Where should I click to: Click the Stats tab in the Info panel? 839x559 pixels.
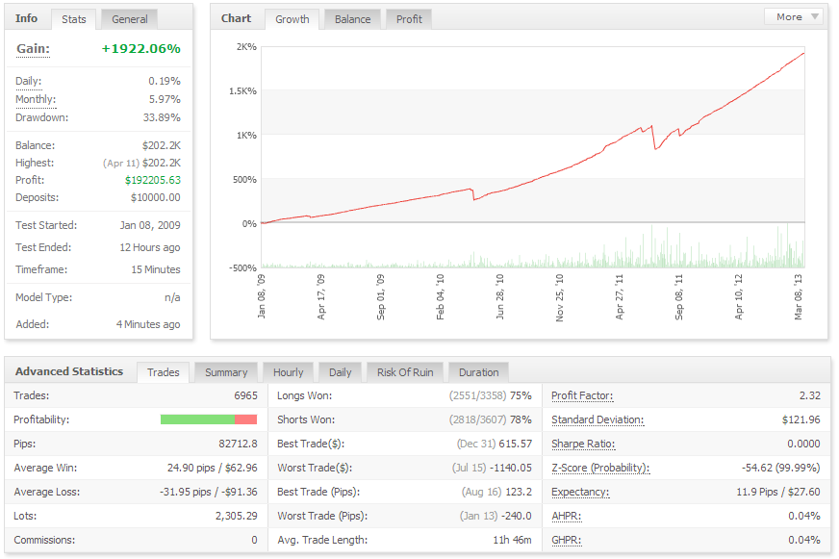coord(73,19)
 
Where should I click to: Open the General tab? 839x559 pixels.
coord(130,19)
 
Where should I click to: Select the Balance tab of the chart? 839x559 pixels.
coord(352,19)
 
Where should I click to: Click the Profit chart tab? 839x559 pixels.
coord(409,19)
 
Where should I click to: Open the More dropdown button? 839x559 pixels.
coord(795,16)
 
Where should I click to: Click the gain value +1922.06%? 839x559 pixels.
coord(140,49)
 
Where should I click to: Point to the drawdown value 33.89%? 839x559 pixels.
coord(162,117)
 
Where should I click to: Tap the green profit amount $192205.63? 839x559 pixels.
coord(153,180)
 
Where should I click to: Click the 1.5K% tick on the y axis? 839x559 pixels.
coord(242,91)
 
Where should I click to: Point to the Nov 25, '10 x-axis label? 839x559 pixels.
coord(559,297)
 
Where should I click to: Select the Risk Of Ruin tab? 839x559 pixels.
coord(405,372)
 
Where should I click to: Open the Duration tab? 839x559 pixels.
coord(478,372)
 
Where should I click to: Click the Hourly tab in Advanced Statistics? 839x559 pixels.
coord(288,372)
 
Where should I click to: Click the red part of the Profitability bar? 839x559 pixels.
coord(246,419)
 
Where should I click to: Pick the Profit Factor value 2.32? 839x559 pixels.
coord(809,395)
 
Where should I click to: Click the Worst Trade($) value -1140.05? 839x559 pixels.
coord(512,468)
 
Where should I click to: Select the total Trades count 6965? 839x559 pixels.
coord(245,395)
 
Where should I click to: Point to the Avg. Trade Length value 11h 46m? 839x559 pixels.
coord(512,541)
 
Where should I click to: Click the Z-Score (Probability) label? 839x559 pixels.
coord(600,468)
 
